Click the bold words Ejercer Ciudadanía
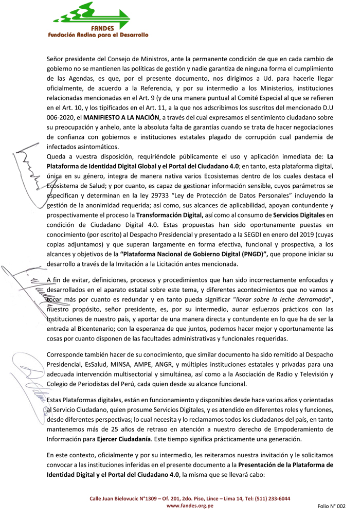[x=124, y=439]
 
